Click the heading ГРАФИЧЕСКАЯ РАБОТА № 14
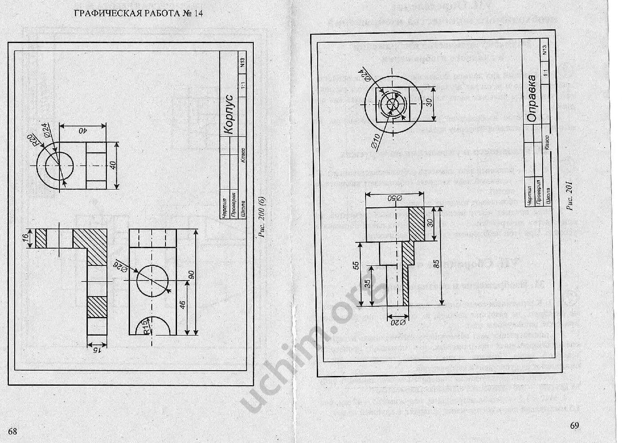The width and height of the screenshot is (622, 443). click(138, 13)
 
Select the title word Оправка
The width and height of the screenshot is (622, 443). click(531, 98)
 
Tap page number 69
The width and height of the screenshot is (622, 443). click(574, 426)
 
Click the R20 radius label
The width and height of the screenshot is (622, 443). click(32, 140)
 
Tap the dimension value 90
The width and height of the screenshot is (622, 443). click(192, 274)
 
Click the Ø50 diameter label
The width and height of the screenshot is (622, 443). click(394, 198)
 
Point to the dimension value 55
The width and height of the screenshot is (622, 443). click(355, 265)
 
